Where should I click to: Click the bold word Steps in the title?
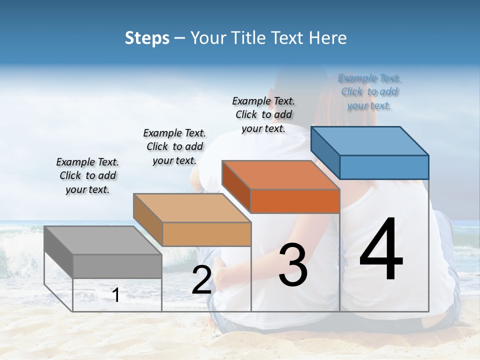(x=147, y=38)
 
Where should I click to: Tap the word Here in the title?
(x=328, y=38)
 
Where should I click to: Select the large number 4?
(x=381, y=250)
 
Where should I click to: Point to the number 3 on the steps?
(x=293, y=265)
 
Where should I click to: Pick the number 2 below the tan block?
(x=201, y=280)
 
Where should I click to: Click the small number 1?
(x=116, y=295)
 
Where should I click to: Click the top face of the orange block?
(x=280, y=175)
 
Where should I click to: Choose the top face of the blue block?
(x=369, y=140)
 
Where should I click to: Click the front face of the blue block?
(x=384, y=167)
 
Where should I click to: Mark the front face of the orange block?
(x=295, y=201)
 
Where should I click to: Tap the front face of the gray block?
(x=117, y=266)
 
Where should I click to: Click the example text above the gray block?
(x=87, y=175)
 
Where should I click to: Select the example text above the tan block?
(x=174, y=146)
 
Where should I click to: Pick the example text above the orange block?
(x=263, y=114)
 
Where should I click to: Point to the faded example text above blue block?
(x=369, y=91)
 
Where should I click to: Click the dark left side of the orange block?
(x=236, y=186)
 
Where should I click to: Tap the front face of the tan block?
(x=206, y=234)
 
